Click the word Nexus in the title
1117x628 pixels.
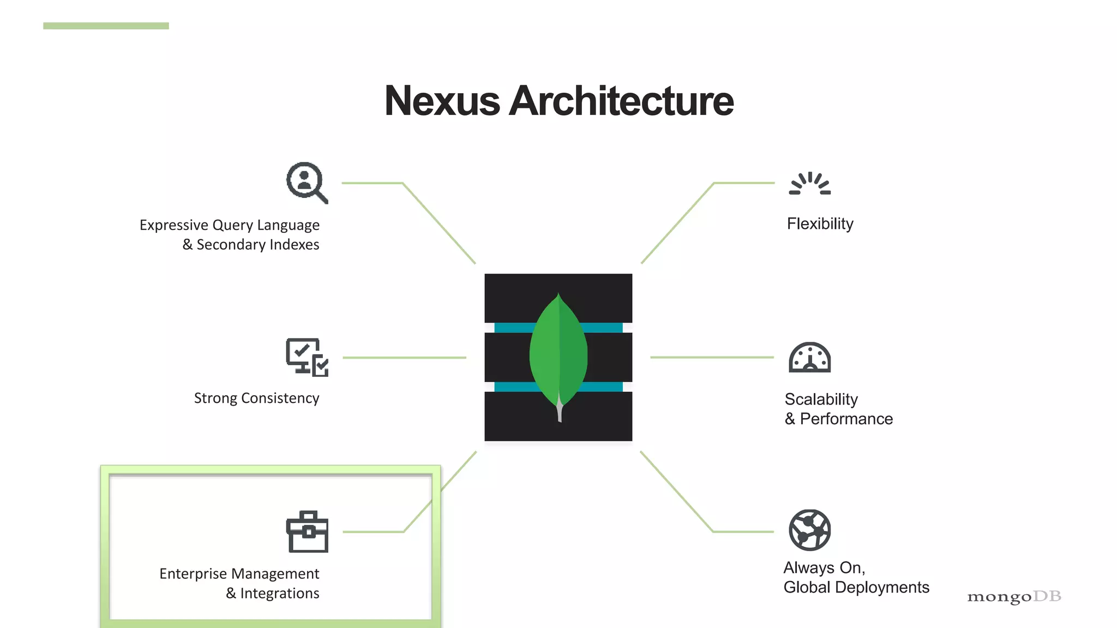click(442, 101)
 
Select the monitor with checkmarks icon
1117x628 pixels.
click(307, 357)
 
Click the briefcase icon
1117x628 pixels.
click(307, 532)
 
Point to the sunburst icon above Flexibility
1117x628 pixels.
click(810, 184)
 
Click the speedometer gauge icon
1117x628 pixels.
click(810, 358)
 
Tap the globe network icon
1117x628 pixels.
click(810, 530)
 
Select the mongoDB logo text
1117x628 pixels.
click(1014, 596)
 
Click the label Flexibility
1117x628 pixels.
click(820, 224)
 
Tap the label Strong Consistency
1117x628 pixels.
click(256, 398)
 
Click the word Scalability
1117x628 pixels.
click(821, 399)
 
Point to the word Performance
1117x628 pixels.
click(846, 419)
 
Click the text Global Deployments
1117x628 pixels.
click(856, 587)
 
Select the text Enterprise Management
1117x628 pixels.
click(239, 573)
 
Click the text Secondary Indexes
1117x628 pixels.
click(257, 244)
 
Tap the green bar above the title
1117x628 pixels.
click(106, 26)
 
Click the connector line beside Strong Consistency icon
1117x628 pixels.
click(404, 358)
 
